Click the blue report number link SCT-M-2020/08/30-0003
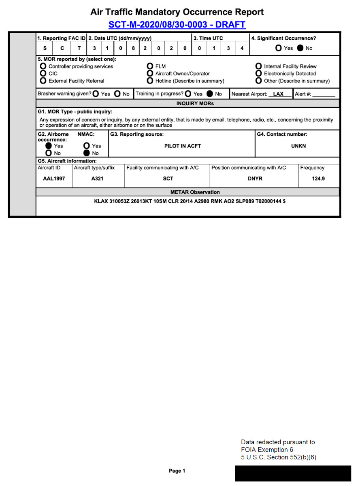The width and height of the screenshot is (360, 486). pos(177,24)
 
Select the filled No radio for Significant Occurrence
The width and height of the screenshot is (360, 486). pos(300,48)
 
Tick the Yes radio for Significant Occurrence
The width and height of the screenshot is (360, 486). pos(279,48)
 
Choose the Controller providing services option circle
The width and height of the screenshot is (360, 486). pos(43,66)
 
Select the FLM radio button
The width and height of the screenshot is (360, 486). pos(150,66)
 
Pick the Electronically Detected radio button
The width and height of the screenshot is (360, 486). pos(258,73)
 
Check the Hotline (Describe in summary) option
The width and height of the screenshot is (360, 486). pos(150,81)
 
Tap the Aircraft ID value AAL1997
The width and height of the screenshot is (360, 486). pos(54,179)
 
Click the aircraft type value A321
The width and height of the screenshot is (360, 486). pos(97,179)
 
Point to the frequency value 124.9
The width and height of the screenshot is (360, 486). pos(318,179)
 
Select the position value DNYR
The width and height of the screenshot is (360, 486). pos(255,179)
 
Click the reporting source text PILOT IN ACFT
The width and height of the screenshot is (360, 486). pos(182,146)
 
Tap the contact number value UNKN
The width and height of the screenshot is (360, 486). pos(298,146)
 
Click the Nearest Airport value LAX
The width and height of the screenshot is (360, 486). pos(278,94)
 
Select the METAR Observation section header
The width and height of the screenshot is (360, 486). pos(195,192)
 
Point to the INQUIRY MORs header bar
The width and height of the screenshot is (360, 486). pos(195,103)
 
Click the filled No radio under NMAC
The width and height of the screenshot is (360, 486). pos(86,153)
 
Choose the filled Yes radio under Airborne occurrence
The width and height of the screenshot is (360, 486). pos(48,146)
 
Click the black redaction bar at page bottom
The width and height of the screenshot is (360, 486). pos(293,473)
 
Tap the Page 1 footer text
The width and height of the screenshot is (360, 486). pos(177,471)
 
